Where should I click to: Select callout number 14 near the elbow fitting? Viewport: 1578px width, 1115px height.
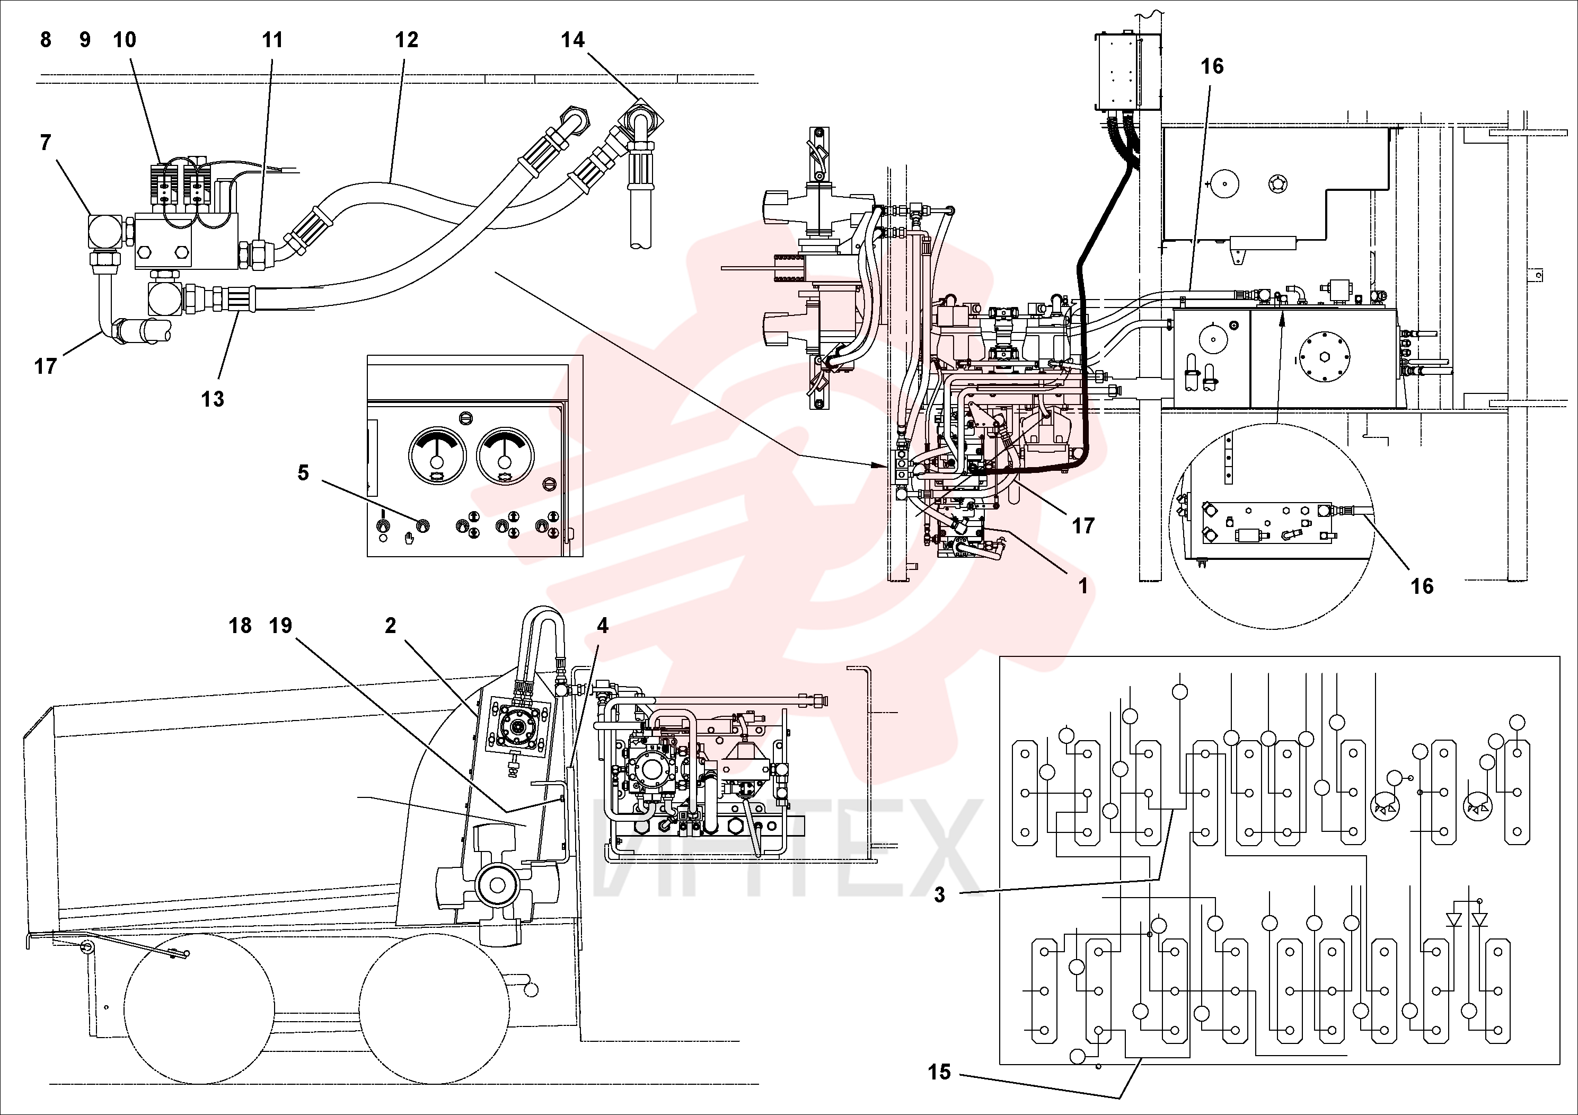coord(572,40)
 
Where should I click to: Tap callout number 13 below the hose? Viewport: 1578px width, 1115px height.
coord(213,399)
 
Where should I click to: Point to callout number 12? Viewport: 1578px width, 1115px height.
coord(406,40)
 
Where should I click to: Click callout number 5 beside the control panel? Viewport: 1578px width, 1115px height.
coord(303,473)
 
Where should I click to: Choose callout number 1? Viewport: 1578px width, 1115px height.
coord(1083,586)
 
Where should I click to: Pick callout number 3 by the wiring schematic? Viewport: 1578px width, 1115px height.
coord(939,895)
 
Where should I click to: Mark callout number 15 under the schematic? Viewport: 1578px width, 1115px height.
coord(939,1072)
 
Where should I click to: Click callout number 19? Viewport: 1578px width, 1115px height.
coord(280,626)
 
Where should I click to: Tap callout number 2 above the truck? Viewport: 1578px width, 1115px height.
coord(390,626)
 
